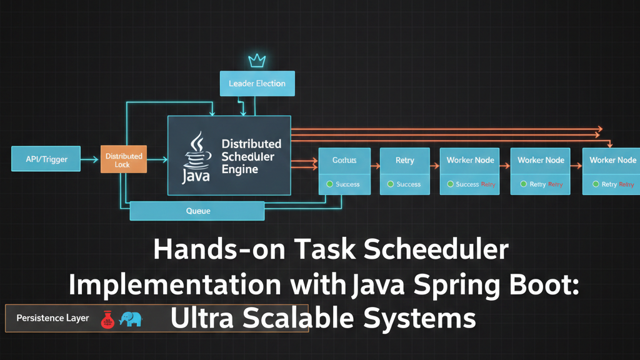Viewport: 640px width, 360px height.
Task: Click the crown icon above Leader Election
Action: click(x=257, y=61)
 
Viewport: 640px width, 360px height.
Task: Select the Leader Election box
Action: click(x=257, y=83)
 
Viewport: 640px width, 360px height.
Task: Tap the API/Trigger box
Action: click(x=46, y=159)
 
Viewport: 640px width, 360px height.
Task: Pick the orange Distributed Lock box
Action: click(x=124, y=160)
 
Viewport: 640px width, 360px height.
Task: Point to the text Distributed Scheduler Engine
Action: click(x=251, y=156)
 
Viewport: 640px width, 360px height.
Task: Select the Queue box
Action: click(x=197, y=211)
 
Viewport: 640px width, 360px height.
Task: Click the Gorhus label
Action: click(x=344, y=161)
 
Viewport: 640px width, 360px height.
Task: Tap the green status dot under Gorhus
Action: click(x=329, y=184)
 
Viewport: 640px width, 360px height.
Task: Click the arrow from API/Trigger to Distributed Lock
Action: click(x=91, y=160)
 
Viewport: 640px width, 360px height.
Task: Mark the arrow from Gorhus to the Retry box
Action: click(x=375, y=166)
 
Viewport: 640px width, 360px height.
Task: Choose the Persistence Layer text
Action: click(x=52, y=318)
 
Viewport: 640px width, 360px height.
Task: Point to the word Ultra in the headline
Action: click(x=201, y=319)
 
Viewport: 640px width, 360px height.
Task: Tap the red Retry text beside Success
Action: click(x=488, y=184)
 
